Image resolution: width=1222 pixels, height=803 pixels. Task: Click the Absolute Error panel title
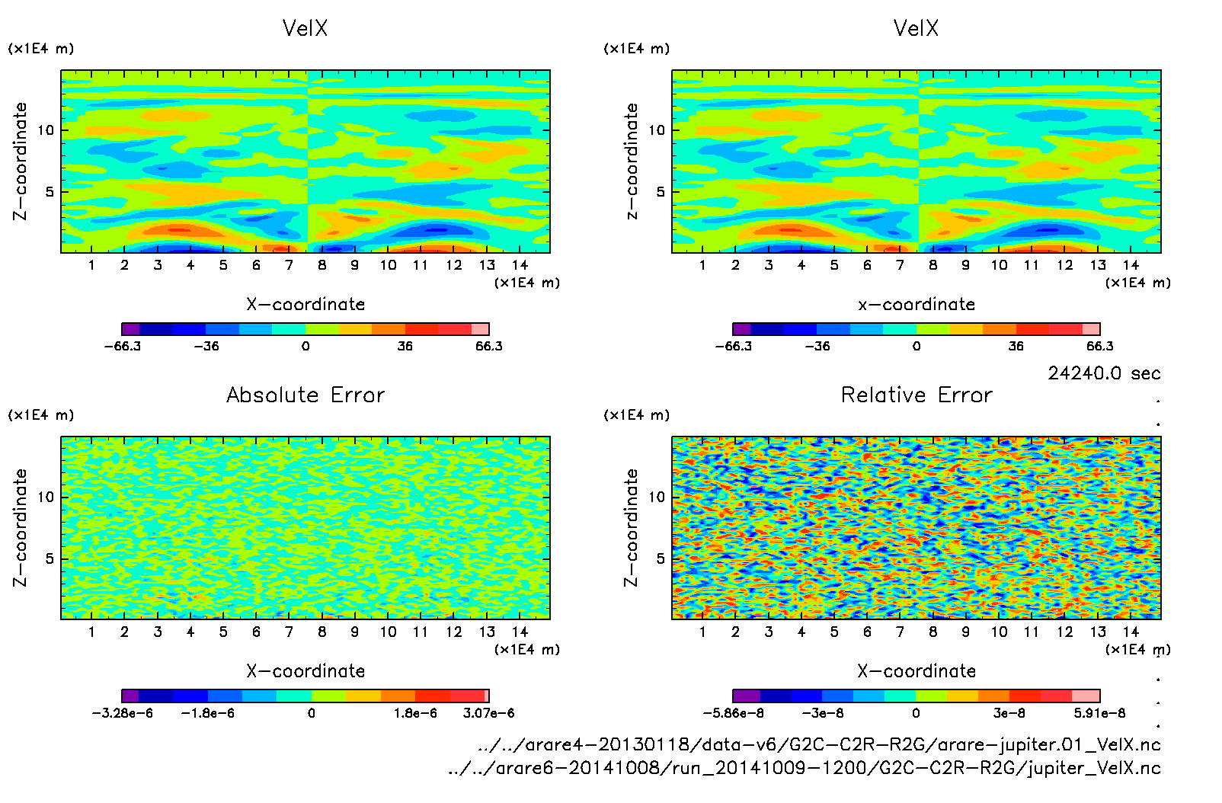point(305,395)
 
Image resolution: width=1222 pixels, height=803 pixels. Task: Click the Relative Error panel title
point(916,395)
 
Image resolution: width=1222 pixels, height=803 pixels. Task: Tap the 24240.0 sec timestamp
point(1104,373)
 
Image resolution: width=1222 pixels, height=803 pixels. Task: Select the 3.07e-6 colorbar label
point(488,713)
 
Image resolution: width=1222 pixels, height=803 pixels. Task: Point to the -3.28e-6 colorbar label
point(123,713)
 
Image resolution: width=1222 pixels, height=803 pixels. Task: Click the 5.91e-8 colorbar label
point(1099,713)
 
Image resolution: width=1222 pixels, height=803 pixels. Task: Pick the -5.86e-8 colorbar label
point(733,713)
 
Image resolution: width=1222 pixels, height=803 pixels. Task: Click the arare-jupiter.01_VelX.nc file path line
point(819,744)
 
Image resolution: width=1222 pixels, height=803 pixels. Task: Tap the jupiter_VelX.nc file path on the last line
point(804,768)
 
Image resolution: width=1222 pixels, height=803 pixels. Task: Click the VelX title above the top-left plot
point(305,28)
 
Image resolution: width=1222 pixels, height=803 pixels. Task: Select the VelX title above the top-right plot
point(916,28)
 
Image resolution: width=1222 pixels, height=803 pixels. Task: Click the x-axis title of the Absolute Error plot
point(305,671)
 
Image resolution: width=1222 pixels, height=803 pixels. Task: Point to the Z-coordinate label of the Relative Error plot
point(631,527)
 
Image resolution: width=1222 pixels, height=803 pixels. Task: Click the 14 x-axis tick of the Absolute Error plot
point(520,632)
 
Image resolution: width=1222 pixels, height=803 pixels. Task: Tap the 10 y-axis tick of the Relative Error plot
point(657,497)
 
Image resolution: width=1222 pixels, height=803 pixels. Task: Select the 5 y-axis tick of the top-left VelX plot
point(50,192)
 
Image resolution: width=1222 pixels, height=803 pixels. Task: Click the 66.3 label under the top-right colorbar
point(1099,346)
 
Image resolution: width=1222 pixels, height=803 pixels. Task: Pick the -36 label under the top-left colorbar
point(206,346)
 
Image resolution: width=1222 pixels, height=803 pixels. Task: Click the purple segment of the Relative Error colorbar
point(747,696)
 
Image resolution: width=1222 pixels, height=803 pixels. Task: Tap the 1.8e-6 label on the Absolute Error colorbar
point(415,713)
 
